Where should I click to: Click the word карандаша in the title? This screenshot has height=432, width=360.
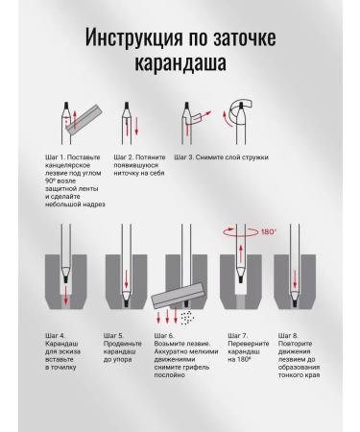(180, 62)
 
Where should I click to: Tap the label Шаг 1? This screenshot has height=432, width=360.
(56, 157)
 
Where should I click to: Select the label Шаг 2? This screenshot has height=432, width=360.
(124, 157)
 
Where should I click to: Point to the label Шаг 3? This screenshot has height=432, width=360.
(184, 157)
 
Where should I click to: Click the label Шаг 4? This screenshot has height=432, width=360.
(55, 336)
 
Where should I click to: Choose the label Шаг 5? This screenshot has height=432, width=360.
(113, 336)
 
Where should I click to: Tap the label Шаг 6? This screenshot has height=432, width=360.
(164, 336)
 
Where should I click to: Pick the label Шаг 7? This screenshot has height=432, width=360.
(238, 336)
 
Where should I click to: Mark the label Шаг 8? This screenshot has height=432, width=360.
(288, 336)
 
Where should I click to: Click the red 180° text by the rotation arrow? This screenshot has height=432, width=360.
(268, 231)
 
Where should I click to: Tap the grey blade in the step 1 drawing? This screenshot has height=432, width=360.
(84, 119)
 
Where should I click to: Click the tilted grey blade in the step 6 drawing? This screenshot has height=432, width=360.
(179, 295)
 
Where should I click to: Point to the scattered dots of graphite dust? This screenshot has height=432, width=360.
(187, 317)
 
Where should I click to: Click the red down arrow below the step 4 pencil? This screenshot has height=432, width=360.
(66, 295)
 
